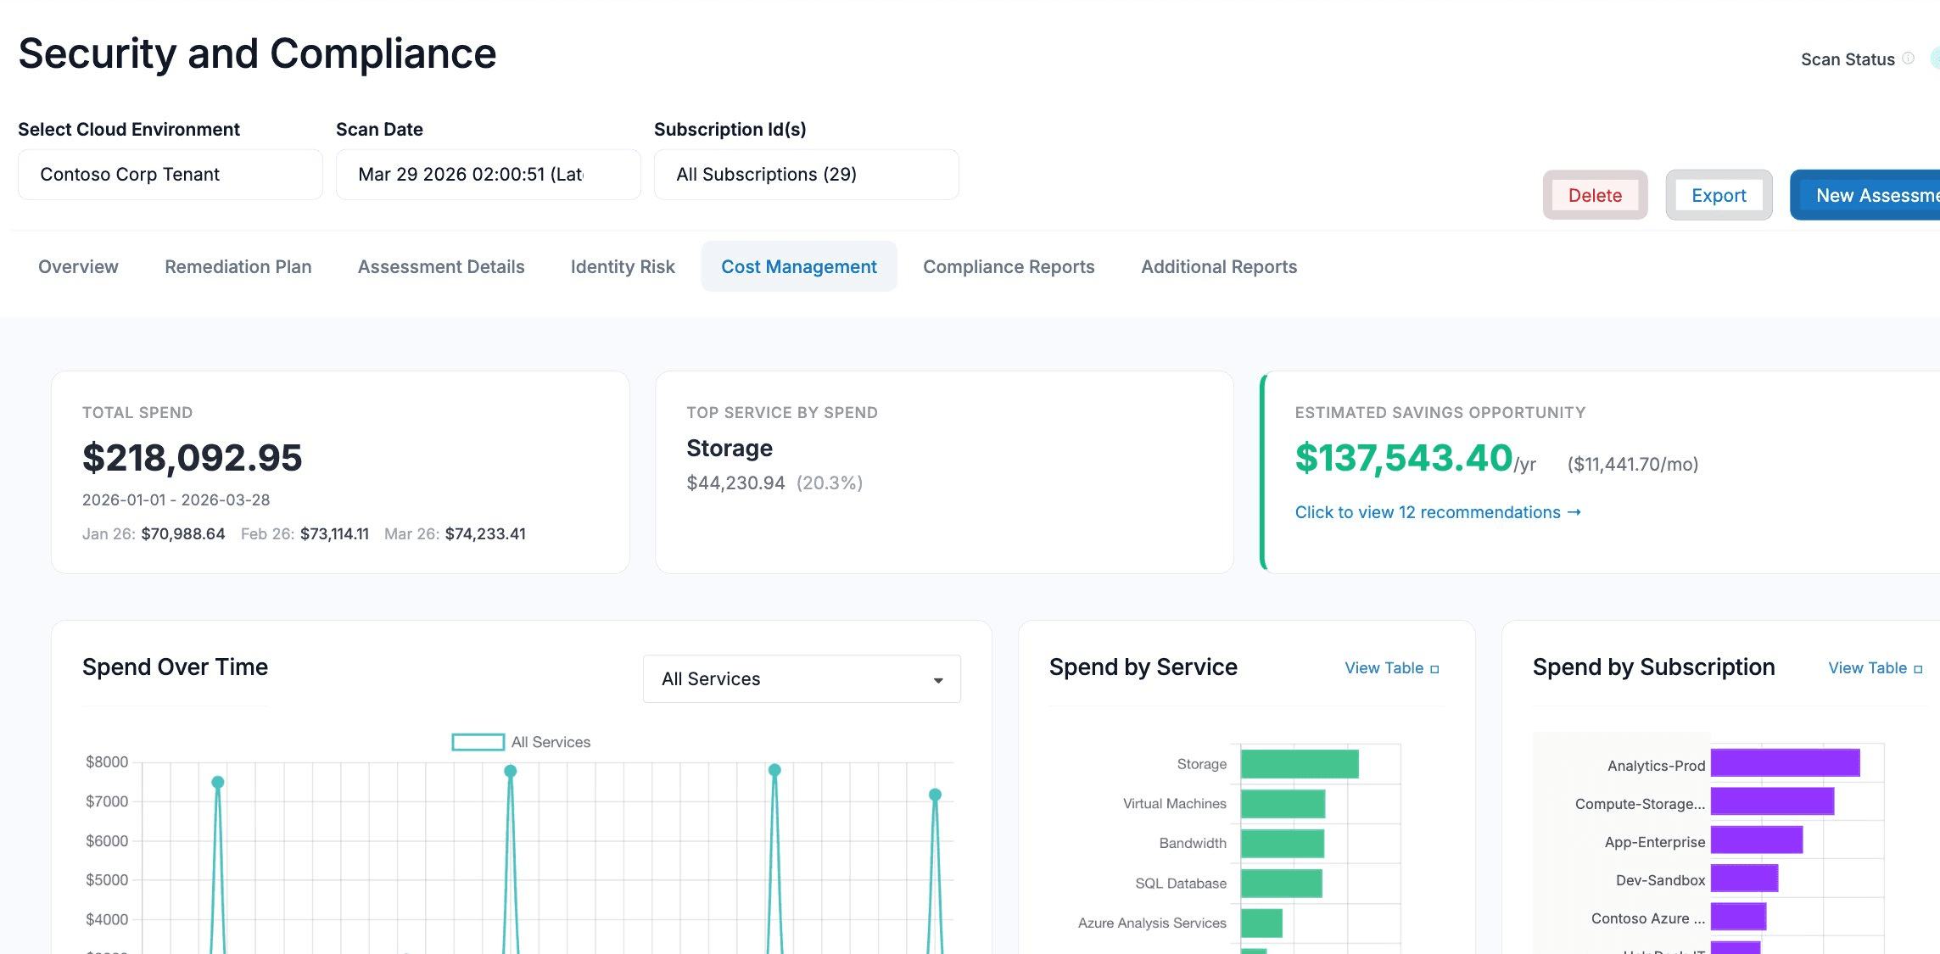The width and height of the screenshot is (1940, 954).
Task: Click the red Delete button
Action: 1595,195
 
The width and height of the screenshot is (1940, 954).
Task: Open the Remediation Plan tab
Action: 238,266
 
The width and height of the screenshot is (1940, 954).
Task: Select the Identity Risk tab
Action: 622,266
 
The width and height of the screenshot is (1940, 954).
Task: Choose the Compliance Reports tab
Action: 1008,266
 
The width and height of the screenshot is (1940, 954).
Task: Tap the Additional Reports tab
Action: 1218,266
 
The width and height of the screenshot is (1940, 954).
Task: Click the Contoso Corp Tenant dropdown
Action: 170,175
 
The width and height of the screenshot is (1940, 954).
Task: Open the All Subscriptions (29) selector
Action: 806,175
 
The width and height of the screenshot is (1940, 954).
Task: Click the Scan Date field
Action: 488,175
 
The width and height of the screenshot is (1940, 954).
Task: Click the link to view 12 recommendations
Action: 1437,512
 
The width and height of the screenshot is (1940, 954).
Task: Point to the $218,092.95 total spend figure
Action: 192,458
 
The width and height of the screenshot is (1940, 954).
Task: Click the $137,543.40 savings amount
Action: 1403,458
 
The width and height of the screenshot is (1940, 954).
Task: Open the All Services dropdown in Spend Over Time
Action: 801,679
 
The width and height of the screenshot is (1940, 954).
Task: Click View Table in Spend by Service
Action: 1391,668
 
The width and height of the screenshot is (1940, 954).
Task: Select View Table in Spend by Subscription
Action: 1875,668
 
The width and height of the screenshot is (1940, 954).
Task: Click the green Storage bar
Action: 1299,764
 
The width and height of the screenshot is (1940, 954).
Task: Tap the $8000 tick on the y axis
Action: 107,762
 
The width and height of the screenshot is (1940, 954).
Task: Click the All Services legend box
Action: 478,742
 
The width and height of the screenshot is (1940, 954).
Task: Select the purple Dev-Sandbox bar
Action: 1744,879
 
